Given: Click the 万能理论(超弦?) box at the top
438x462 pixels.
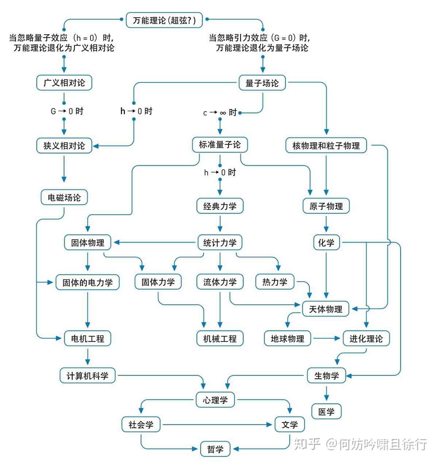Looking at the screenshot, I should tap(164, 20).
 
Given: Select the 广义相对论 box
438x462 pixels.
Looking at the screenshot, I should tap(64, 83).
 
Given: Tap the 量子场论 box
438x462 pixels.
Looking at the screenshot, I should tap(262, 83).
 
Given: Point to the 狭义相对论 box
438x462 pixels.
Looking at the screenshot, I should tap(64, 146).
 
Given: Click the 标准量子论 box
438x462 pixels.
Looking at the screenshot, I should tap(220, 145).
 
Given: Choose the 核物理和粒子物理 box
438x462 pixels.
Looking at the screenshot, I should tap(326, 146).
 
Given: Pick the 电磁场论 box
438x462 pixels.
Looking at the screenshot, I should tap(64, 197).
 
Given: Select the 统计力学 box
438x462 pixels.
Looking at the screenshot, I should tap(220, 243).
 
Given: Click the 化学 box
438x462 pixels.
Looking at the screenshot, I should tap(326, 242).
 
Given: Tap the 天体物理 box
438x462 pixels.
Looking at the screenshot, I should tap(326, 309).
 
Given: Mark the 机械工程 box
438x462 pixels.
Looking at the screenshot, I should tap(220, 338).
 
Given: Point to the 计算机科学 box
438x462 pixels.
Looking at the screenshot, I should tap(88, 376).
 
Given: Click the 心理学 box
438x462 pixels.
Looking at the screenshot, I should tap(215, 400).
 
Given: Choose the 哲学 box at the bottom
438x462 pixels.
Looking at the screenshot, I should tap(215, 449).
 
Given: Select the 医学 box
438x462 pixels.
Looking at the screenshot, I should tap(326, 412).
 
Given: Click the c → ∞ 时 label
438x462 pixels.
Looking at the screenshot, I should tap(220, 113).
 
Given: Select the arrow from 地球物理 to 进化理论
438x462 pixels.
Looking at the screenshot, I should tap(326, 338).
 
